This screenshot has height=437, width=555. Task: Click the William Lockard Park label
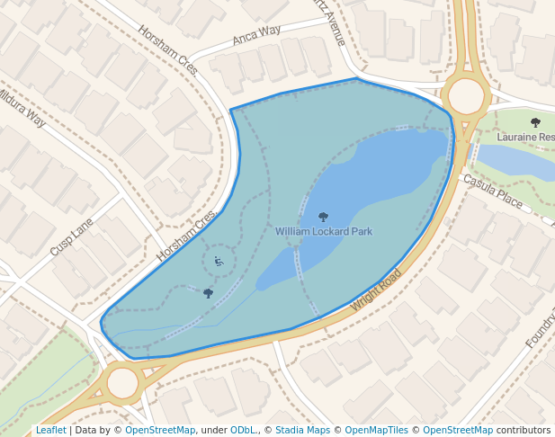pos(324,232)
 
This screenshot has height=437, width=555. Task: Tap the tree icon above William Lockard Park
pos(324,217)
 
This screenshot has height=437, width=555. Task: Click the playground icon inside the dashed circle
pos(218,262)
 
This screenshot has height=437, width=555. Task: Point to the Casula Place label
pos(492,191)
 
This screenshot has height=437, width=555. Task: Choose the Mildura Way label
pos(20,106)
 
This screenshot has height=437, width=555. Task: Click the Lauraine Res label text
pos(527,138)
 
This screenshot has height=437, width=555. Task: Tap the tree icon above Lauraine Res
pos(536,122)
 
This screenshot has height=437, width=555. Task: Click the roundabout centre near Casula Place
pos(466,95)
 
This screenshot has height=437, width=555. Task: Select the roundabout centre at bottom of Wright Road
pos(123,382)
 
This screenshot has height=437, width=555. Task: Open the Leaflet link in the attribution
pos(50,431)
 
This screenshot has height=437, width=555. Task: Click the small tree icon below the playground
pos(208,293)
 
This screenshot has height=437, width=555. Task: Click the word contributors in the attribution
pos(524,431)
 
